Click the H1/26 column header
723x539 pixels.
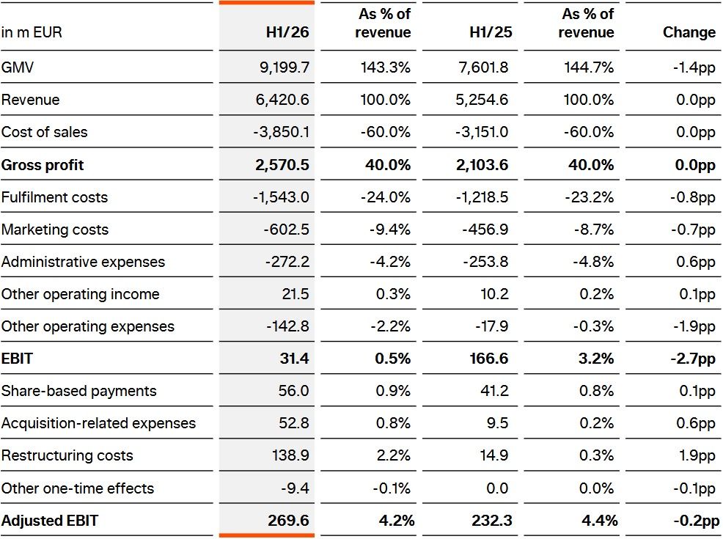point(287,32)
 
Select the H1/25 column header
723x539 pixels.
point(491,32)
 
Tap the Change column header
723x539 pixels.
point(689,32)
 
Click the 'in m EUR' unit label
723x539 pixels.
point(32,32)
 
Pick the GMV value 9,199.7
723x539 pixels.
point(285,67)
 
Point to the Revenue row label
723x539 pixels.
point(31,100)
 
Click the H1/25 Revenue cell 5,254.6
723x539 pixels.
point(482,100)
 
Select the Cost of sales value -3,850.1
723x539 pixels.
point(282,132)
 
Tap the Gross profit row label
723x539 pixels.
point(43,164)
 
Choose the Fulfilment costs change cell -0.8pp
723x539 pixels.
point(693,197)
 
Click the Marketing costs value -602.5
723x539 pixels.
point(287,229)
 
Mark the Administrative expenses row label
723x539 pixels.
point(83,261)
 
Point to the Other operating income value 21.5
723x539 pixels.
point(296,294)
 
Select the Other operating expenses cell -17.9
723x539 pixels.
point(492,326)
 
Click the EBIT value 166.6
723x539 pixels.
point(489,359)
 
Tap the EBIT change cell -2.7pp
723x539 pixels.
point(693,359)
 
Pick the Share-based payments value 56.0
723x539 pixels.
point(294,391)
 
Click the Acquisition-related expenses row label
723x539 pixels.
point(99,423)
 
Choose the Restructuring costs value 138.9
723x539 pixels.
point(290,455)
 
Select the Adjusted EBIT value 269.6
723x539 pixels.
point(289,520)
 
